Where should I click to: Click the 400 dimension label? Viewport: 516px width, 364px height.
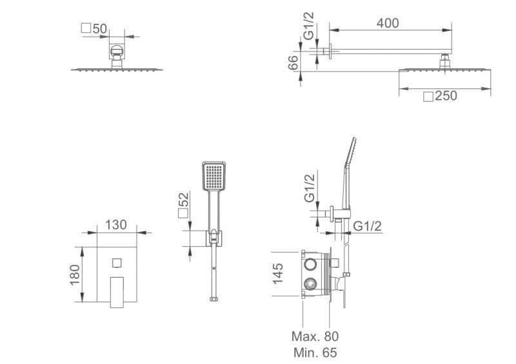[x=388, y=23]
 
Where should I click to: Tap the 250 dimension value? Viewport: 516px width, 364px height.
[x=446, y=96]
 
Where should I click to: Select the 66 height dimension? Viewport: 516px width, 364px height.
[x=293, y=62]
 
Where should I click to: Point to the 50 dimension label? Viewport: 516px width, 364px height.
[x=100, y=28]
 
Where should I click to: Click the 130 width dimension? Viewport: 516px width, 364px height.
[x=116, y=225]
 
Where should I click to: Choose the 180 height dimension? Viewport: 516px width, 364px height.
[x=75, y=275]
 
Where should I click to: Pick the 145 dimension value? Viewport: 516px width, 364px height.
[x=278, y=274]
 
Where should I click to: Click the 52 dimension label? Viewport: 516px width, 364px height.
[x=184, y=199]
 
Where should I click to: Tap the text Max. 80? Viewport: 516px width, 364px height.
[x=315, y=336]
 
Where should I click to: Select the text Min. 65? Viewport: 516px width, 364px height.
[x=315, y=353]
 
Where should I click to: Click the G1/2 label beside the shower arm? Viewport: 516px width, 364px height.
[x=309, y=26]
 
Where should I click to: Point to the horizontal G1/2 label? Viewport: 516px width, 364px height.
[x=367, y=226]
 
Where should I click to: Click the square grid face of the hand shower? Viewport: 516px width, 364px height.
[x=214, y=176]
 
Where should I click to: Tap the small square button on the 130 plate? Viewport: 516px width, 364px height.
[x=117, y=263]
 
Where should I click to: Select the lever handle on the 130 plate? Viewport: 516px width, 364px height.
[x=117, y=292]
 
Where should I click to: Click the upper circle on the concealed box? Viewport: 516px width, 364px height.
[x=310, y=264]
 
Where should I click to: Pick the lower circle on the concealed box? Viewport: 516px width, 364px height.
[x=310, y=283]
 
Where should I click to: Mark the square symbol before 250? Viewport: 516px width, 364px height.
[x=428, y=97]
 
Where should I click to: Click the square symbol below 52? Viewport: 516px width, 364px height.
[x=183, y=213]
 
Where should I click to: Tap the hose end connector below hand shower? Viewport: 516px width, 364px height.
[x=214, y=299]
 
